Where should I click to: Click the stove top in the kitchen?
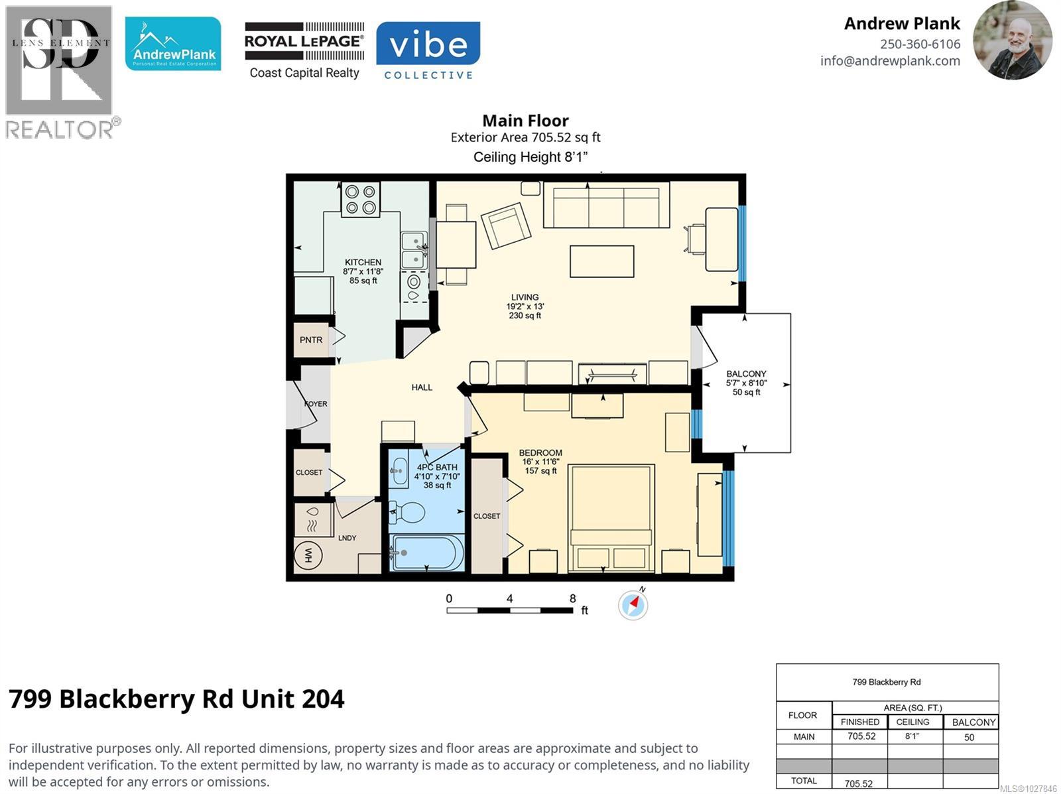[361, 200]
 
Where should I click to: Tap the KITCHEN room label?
[363, 263]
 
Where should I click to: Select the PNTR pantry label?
[311, 340]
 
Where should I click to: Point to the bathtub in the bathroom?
[427, 553]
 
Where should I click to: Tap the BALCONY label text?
[746, 374]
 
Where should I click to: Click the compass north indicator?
[633, 604]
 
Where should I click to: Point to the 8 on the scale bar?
[572, 598]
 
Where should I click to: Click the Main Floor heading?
[525, 121]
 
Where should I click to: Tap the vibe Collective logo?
[428, 51]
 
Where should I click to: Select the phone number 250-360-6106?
[920, 44]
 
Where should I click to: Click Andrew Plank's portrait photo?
[1012, 40]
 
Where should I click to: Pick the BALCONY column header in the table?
[973, 722]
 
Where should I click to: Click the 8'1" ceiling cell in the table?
[912, 736]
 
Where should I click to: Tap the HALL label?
[422, 387]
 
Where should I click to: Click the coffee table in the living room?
[601, 261]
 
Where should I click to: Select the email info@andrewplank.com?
[890, 61]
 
